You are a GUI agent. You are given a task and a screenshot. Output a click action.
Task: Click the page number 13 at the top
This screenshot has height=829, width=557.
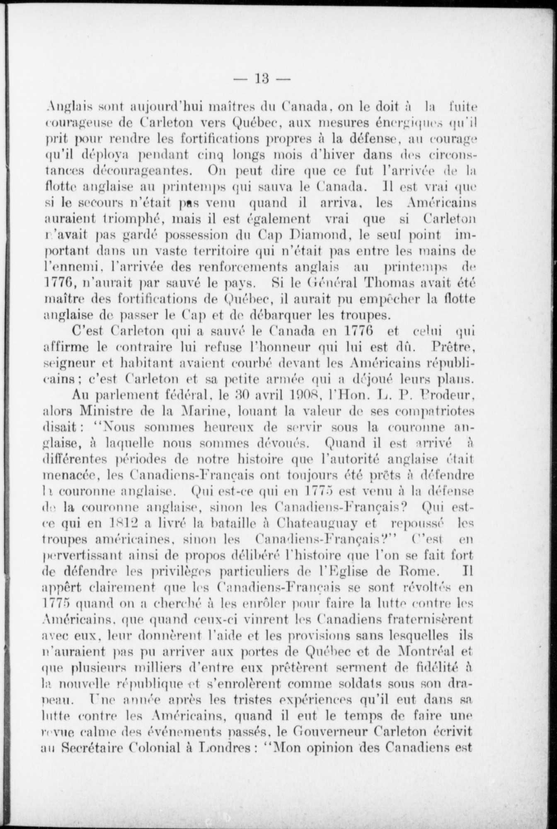coord(263,78)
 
